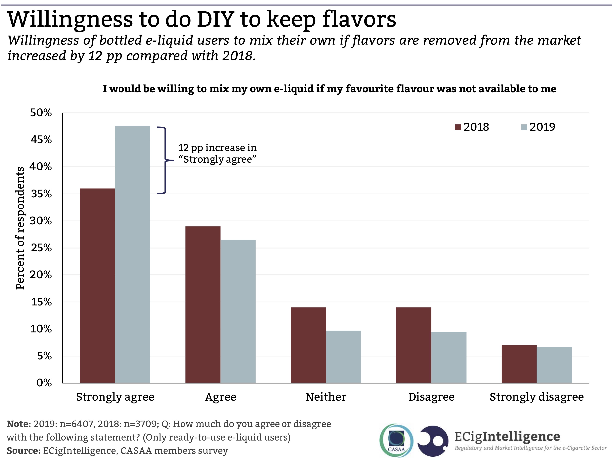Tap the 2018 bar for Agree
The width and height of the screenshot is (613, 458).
(203, 305)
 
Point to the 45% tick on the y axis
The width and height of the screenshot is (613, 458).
(41, 140)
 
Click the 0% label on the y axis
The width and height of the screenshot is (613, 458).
(44, 383)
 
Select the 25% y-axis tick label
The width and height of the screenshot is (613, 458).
(41, 248)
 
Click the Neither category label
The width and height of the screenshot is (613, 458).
(326, 397)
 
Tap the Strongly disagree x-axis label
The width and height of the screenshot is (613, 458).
(537, 397)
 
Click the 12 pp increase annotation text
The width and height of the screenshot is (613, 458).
(217, 153)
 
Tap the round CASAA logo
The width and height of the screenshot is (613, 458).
(396, 440)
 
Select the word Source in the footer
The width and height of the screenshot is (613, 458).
(23, 451)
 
